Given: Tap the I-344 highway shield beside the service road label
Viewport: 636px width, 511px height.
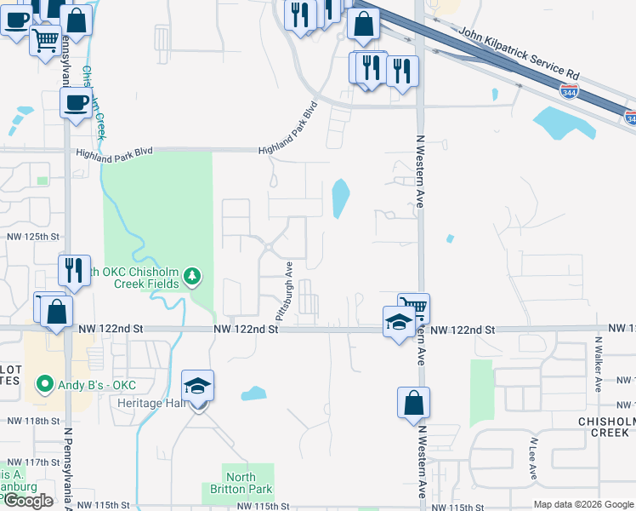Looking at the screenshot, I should pos(570,90).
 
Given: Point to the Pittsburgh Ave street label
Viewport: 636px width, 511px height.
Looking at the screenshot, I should pos(285,290).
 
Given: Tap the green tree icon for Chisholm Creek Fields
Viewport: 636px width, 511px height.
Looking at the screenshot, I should pos(193,274).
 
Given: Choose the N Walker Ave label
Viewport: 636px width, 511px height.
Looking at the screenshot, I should pos(598,363).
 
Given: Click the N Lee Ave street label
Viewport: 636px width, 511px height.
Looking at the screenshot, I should pos(532,458).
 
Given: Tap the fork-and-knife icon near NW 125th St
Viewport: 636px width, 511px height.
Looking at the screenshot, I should pos(74,270).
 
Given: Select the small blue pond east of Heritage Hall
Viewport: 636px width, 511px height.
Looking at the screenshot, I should pos(253,393).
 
